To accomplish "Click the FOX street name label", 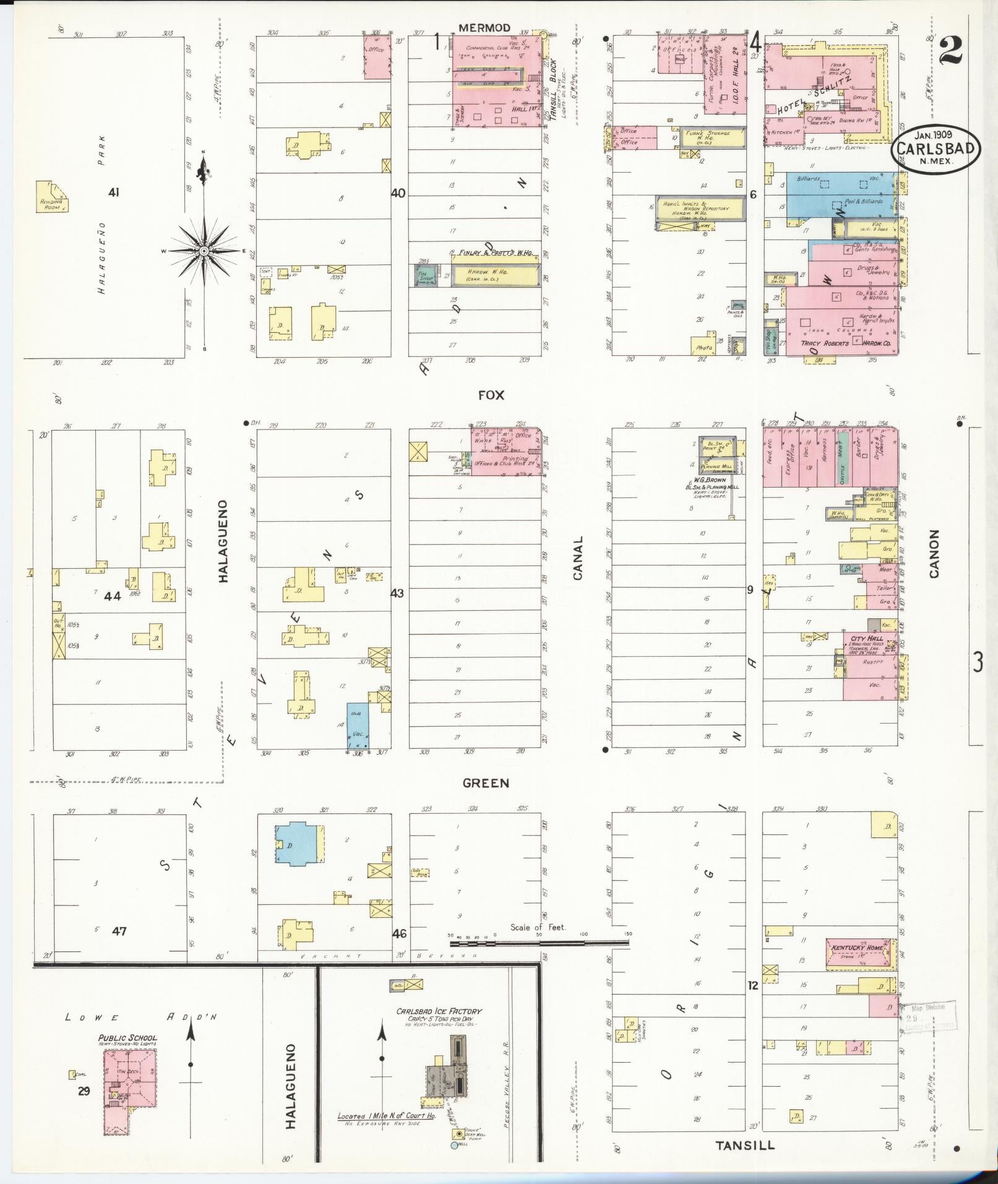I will [491, 395].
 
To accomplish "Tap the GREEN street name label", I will [486, 783].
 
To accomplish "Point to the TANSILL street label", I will [745, 1145].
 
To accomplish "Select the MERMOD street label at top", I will [484, 28].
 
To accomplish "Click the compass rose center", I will [204, 251].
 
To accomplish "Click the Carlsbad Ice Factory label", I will [439, 1011].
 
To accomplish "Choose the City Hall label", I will [866, 638].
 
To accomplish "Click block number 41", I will [113, 192].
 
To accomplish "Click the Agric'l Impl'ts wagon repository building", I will [696, 210].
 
